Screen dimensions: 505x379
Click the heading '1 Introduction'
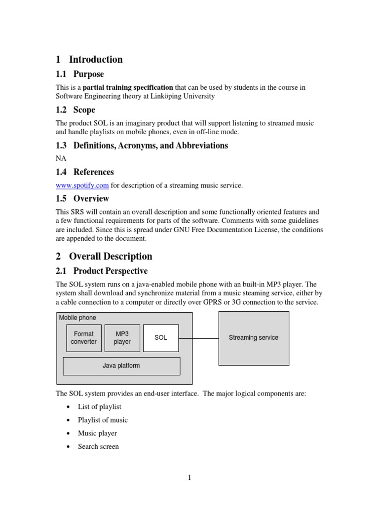(x=89, y=60)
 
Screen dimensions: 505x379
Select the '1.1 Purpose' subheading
(x=80, y=74)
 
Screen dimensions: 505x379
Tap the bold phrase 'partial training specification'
(x=132, y=87)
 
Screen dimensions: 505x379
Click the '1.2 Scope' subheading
(x=76, y=110)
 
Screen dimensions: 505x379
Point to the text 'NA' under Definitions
(x=61, y=158)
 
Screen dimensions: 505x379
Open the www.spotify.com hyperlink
(x=82, y=185)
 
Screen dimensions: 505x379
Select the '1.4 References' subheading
(x=85, y=172)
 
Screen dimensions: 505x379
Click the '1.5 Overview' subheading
(x=82, y=199)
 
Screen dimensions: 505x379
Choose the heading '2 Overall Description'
(x=104, y=256)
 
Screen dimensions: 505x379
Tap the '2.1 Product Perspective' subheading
(x=102, y=271)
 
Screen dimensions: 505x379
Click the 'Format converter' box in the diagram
(x=84, y=338)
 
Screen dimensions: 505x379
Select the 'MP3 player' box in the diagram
(x=122, y=338)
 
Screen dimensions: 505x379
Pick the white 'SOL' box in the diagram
(x=161, y=338)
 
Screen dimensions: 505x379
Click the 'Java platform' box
(x=121, y=366)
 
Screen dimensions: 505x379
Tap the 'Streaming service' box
(x=254, y=338)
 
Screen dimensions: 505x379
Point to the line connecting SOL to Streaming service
(x=198, y=338)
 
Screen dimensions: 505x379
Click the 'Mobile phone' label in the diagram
(x=77, y=318)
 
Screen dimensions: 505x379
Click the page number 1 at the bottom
(x=189, y=477)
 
